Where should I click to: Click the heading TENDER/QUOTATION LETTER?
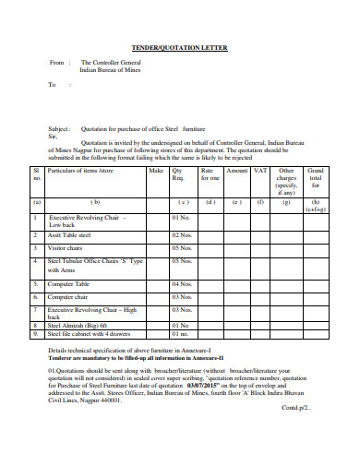[x=180, y=47]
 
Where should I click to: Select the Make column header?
[x=156, y=171]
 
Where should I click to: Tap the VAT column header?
[x=260, y=171]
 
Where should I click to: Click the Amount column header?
[x=236, y=171]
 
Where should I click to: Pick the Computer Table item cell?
[x=68, y=284]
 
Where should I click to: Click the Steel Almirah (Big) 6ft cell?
[x=78, y=325]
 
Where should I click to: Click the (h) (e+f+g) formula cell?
[x=315, y=205]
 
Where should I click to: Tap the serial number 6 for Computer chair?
[x=38, y=297]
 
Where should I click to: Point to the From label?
[x=54, y=63]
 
